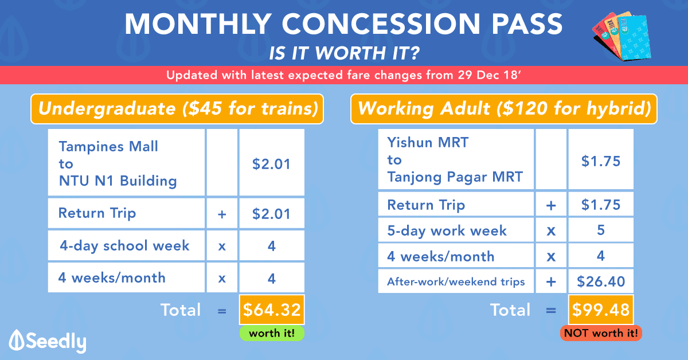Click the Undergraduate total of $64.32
[x=272, y=310]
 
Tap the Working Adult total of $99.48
[x=601, y=310]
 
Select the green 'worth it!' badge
[x=272, y=333]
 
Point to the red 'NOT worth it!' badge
[x=601, y=333]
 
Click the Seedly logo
[x=48, y=341]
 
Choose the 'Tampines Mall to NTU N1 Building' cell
[x=126, y=162]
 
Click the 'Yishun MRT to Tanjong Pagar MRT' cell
[x=456, y=159]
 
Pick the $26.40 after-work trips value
[x=601, y=281]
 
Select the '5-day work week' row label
[x=447, y=230]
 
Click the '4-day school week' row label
[x=124, y=246]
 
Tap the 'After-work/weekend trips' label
[x=456, y=281]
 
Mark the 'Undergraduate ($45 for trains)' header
[x=177, y=109]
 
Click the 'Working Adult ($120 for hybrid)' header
[x=504, y=109]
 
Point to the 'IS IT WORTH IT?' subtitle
[x=344, y=53]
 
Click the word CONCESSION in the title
[x=381, y=24]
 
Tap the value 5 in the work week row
[x=601, y=230]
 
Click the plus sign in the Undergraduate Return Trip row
[x=222, y=214]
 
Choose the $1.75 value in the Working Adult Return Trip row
[x=601, y=205]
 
